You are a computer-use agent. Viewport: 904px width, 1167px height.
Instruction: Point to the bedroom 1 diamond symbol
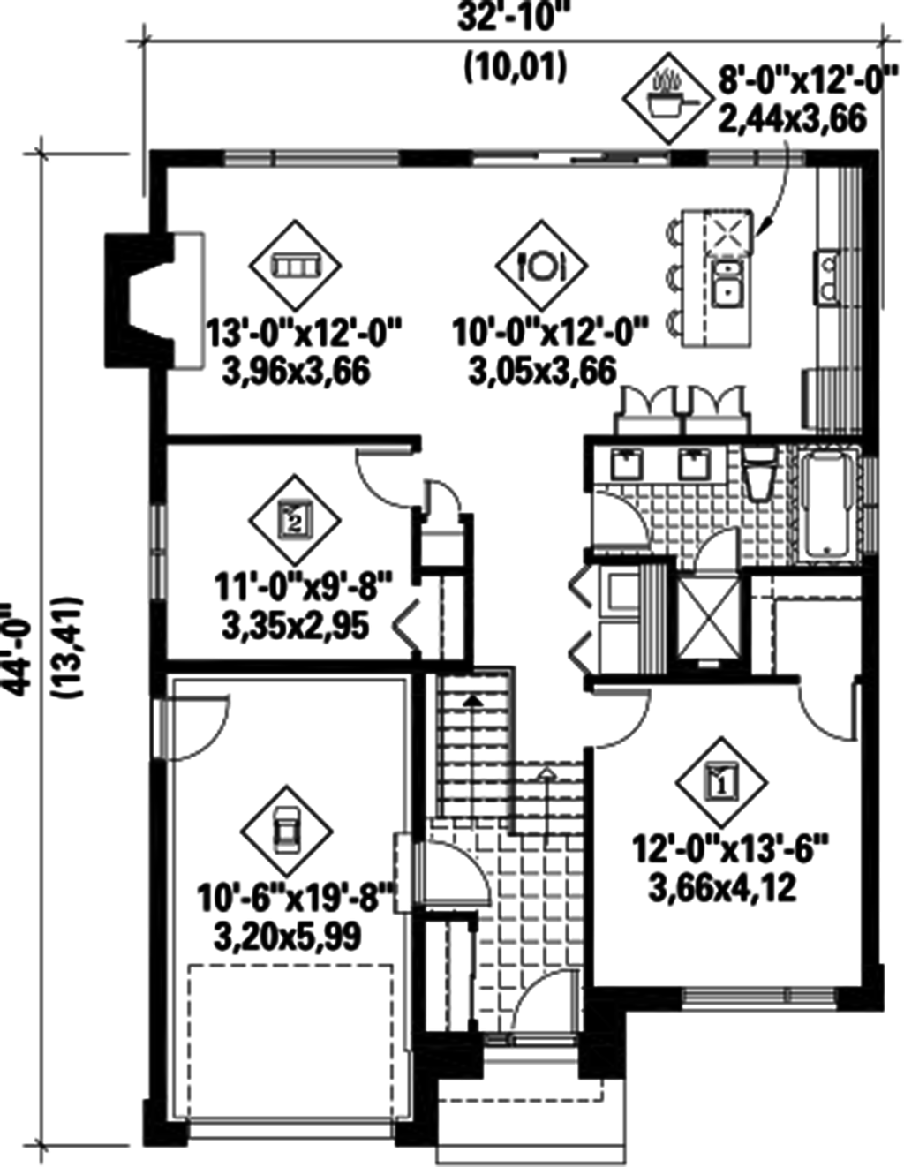pos(721,780)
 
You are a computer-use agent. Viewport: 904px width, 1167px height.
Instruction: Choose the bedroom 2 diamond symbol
pos(295,519)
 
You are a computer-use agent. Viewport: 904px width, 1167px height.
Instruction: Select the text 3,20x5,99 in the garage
pos(287,936)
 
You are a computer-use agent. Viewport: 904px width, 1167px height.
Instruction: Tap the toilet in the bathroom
pos(758,477)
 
